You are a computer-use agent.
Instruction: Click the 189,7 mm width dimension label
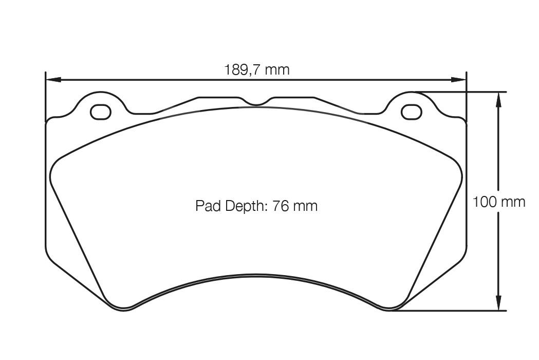pos(256,69)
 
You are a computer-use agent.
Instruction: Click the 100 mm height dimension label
pos(498,202)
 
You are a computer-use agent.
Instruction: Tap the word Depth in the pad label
pos(242,206)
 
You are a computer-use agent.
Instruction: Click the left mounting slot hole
pos(100,112)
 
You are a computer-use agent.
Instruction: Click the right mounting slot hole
pos(411,112)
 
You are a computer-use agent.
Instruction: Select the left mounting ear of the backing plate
pos(100,100)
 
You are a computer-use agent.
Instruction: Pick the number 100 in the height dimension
pos(484,202)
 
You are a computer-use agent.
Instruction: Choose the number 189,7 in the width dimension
pos(243,69)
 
